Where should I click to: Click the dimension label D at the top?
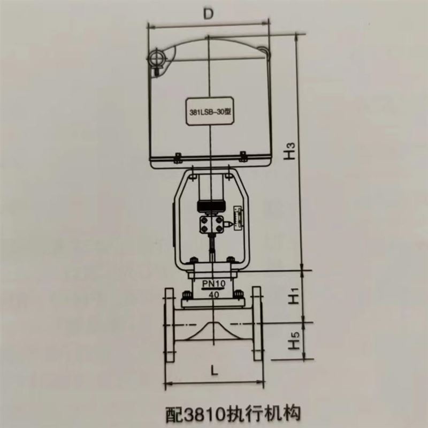tap(208, 14)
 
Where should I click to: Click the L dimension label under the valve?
tap(215, 370)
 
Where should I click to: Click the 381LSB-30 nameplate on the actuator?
tap(210, 111)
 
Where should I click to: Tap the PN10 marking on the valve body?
tap(213, 284)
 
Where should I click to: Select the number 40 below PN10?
tap(215, 295)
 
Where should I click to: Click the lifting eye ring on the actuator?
tap(156, 58)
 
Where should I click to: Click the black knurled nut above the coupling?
tap(210, 205)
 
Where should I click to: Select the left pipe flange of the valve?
tap(169, 324)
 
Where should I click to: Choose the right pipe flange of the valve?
tap(257, 324)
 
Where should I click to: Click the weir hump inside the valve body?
tap(212, 331)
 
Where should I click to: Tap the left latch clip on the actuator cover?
tap(178, 158)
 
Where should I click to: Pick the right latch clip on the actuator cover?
tap(243, 156)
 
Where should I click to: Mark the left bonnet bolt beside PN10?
tap(186, 295)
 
